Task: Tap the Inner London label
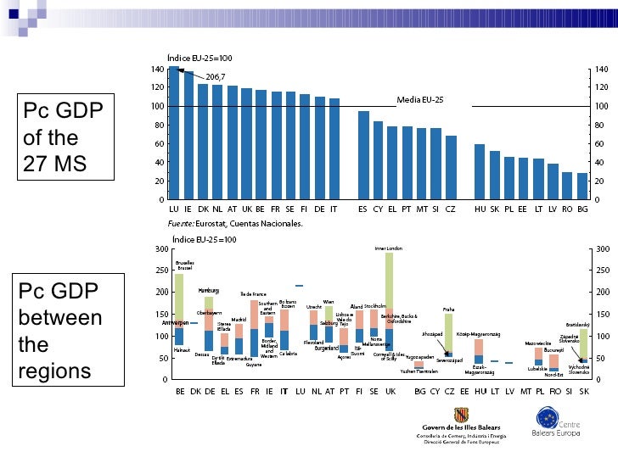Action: tap(389, 248)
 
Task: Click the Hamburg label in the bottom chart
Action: tap(209, 291)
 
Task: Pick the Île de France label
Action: tap(253, 294)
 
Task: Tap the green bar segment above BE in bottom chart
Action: tap(179, 297)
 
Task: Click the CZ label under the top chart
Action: tap(451, 208)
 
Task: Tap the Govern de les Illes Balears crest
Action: tap(462, 416)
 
